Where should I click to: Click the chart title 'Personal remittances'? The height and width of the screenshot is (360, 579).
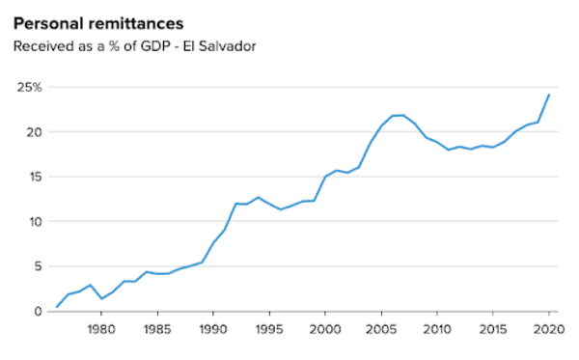click(x=98, y=24)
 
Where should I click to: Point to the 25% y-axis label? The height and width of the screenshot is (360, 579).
click(x=30, y=88)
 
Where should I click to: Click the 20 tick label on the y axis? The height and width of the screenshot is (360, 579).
click(x=34, y=132)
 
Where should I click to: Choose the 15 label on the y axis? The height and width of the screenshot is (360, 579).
click(x=35, y=177)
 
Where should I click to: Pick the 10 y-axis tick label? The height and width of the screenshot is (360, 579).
click(x=36, y=222)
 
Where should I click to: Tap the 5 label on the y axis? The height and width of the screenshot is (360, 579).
click(x=39, y=266)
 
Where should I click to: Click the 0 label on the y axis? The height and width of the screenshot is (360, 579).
click(x=38, y=312)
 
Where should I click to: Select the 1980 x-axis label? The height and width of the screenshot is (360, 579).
click(x=101, y=329)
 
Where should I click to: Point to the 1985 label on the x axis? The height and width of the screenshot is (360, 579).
click(x=157, y=329)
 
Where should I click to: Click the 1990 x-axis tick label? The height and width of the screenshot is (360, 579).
click(x=213, y=329)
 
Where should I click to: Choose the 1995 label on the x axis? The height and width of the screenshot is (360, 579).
click(x=269, y=329)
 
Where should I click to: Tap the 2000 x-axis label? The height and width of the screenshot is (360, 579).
click(x=325, y=329)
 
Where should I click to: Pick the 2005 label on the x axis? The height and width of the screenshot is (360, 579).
click(x=381, y=329)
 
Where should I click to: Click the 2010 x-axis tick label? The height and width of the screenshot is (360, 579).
click(x=437, y=329)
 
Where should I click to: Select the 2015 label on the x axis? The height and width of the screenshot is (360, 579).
click(x=493, y=329)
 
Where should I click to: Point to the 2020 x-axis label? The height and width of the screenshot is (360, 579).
click(x=549, y=329)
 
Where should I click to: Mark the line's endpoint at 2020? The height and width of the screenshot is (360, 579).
click(x=549, y=95)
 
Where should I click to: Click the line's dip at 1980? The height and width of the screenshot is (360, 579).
click(x=101, y=298)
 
